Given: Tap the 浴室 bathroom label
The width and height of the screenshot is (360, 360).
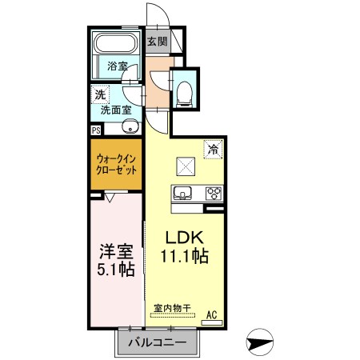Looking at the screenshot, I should point(118,66).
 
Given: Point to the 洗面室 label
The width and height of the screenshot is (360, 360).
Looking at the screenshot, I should point(117,110).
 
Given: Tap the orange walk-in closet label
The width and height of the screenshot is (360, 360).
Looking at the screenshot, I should point(117,165).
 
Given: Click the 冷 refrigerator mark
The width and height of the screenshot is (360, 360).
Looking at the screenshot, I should point(213,147).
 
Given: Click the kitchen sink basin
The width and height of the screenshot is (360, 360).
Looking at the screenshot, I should point(182,193).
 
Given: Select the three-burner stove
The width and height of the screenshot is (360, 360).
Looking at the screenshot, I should point(214,193).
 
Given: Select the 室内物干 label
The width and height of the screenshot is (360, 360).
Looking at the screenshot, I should point(172,308).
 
